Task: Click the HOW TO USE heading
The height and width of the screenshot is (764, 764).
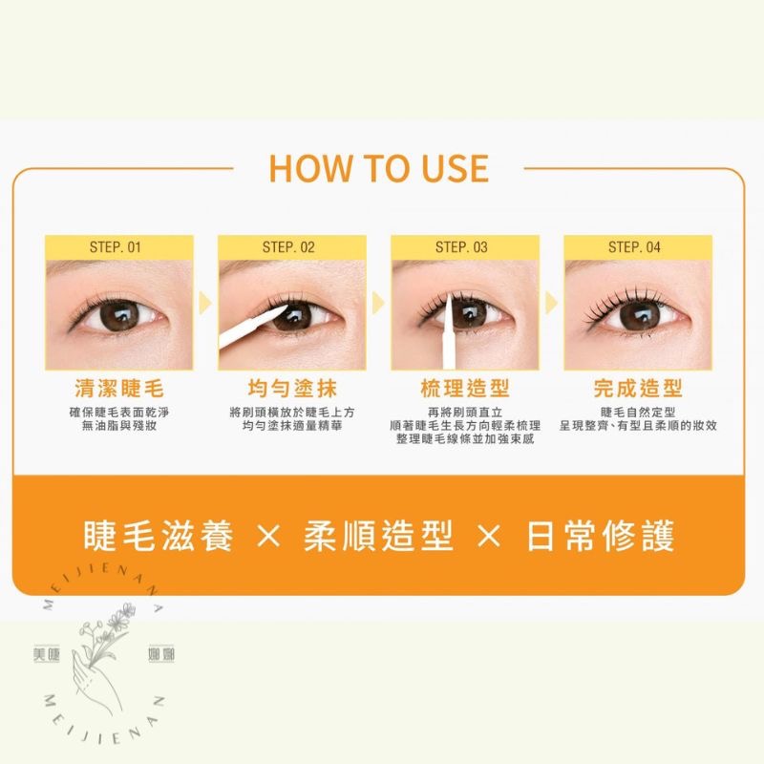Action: point(379,168)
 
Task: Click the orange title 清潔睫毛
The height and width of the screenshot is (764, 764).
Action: point(119,389)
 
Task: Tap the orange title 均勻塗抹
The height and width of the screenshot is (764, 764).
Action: point(292,389)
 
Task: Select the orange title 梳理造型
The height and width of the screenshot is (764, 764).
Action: point(465,389)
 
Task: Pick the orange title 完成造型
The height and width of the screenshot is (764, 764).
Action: point(638,389)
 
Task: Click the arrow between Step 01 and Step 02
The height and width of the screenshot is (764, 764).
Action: point(204,304)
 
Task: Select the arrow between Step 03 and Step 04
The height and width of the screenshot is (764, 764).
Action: point(551,304)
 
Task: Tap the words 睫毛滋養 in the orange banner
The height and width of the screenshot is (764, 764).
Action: point(159,536)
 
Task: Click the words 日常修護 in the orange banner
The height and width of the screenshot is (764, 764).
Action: point(601,536)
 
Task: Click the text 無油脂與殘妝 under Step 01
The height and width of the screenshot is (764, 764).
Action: point(119,425)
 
